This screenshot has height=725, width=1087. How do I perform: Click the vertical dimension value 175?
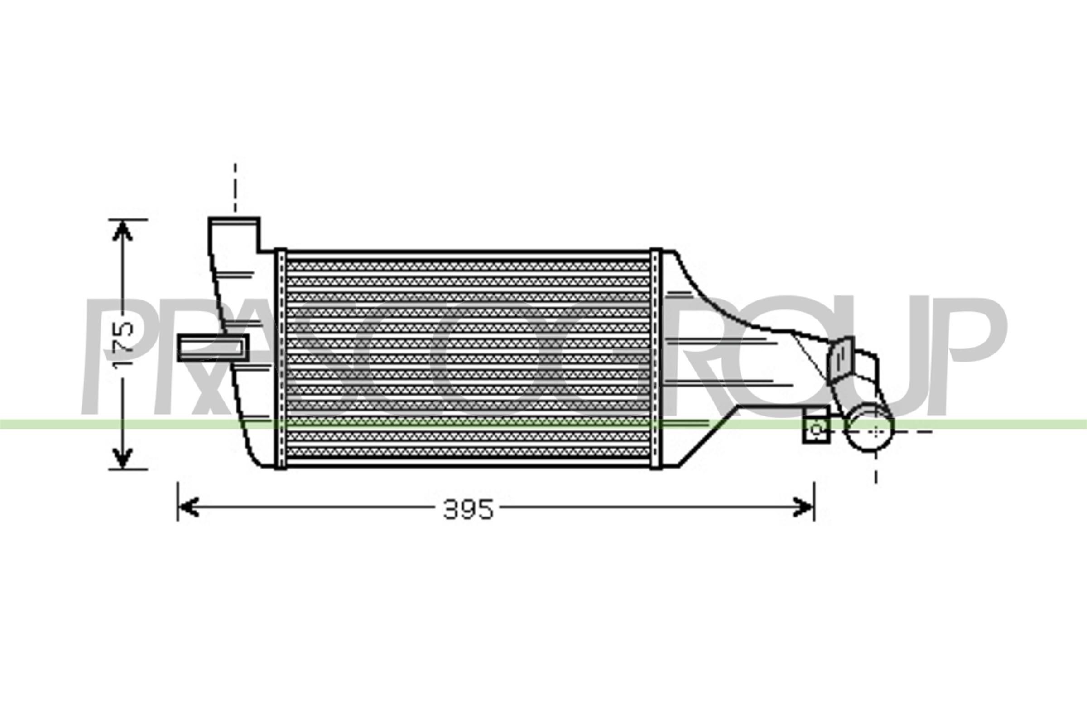coord(123,344)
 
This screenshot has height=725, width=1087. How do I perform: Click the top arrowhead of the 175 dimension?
coord(122,231)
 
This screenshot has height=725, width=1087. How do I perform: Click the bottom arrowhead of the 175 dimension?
coord(122,459)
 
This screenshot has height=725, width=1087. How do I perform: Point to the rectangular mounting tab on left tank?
coord(212,347)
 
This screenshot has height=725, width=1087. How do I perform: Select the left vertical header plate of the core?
coord(280,361)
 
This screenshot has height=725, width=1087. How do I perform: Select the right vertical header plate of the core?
coord(656,361)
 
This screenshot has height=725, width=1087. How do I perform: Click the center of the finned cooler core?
coord(468,361)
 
